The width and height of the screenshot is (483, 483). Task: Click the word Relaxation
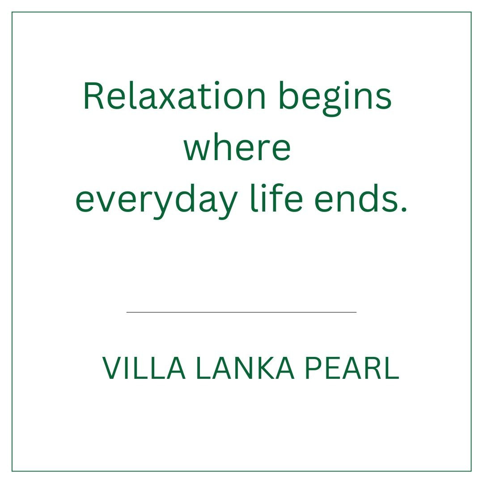[174, 96]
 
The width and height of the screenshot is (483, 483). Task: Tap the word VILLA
[144, 368]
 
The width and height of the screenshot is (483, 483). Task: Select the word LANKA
[245, 368]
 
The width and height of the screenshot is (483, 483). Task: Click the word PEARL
[352, 368]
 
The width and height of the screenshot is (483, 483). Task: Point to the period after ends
[404, 209]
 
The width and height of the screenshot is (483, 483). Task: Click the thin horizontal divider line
[241, 312]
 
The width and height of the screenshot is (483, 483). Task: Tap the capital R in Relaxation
[93, 96]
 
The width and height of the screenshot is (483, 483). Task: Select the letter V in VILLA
[113, 368]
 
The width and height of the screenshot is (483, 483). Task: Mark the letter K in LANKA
[264, 368]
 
